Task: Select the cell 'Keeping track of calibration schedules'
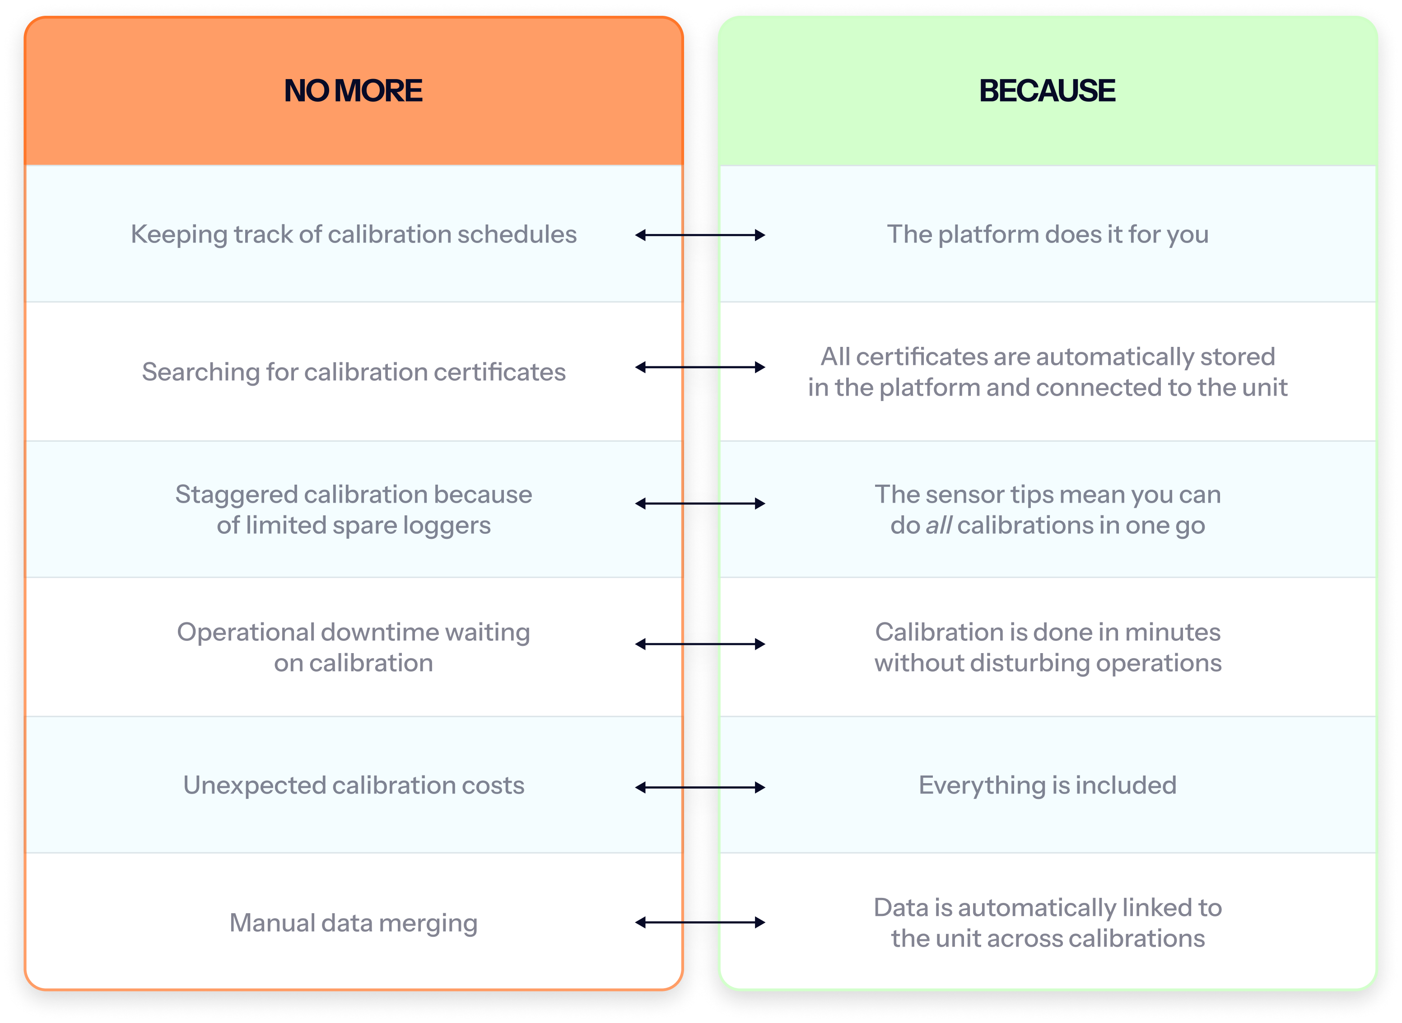(354, 234)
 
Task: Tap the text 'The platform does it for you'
(1047, 234)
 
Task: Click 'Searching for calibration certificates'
(354, 372)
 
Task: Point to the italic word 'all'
(938, 525)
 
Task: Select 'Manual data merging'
(354, 923)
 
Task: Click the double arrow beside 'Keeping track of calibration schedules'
(700, 235)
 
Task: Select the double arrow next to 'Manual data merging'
(700, 923)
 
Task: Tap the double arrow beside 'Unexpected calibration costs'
(700, 787)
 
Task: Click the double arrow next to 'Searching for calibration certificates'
(700, 367)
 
